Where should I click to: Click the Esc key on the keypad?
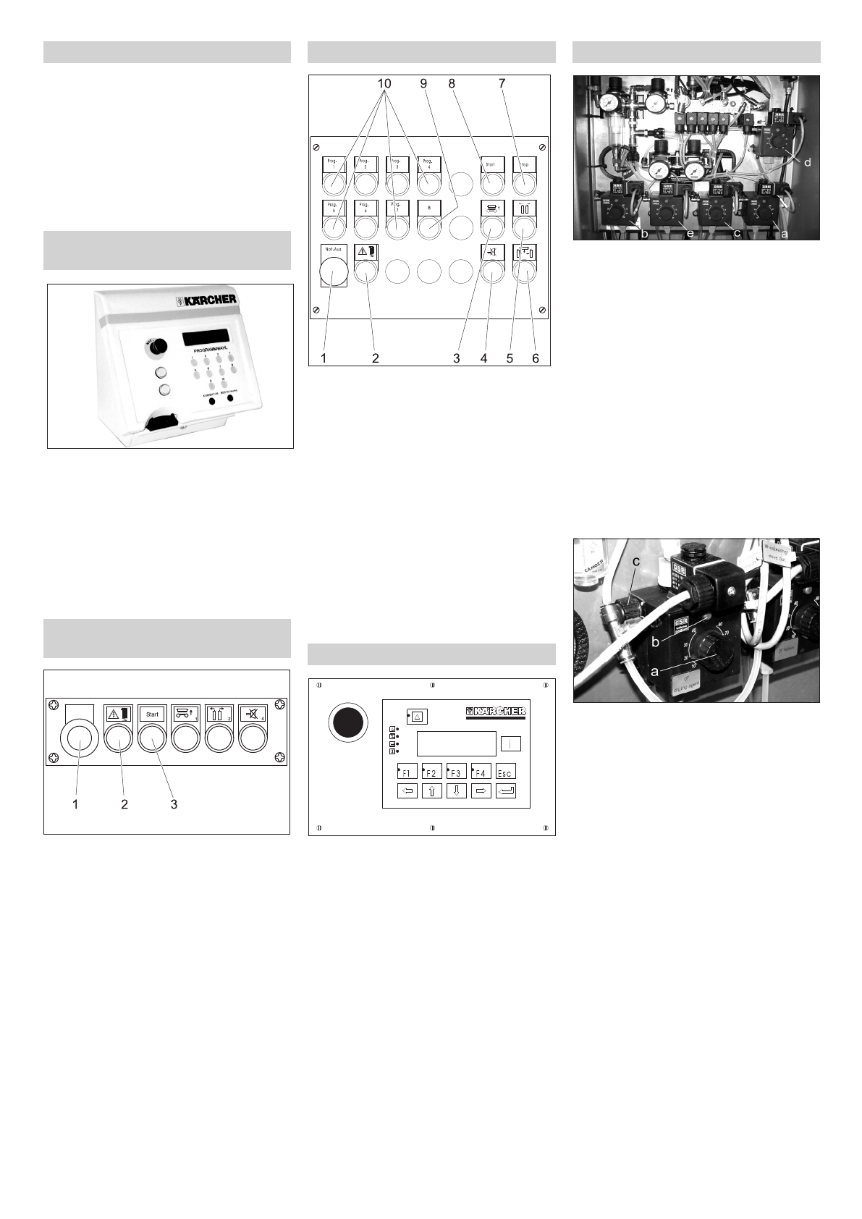click(x=505, y=772)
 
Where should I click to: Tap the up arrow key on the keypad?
click(x=431, y=791)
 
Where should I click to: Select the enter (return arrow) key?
click(x=506, y=791)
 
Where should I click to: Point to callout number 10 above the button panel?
click(x=384, y=84)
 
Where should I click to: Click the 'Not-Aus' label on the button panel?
click(x=333, y=248)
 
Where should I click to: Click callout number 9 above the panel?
click(x=424, y=84)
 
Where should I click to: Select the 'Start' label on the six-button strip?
click(x=152, y=714)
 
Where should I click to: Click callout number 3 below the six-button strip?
click(x=174, y=804)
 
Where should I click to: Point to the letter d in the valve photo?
click(x=807, y=163)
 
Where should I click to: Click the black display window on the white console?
click(x=206, y=337)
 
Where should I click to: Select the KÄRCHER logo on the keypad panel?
click(x=495, y=712)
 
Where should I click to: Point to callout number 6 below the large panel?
click(x=536, y=358)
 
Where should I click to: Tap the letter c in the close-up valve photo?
click(x=636, y=562)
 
